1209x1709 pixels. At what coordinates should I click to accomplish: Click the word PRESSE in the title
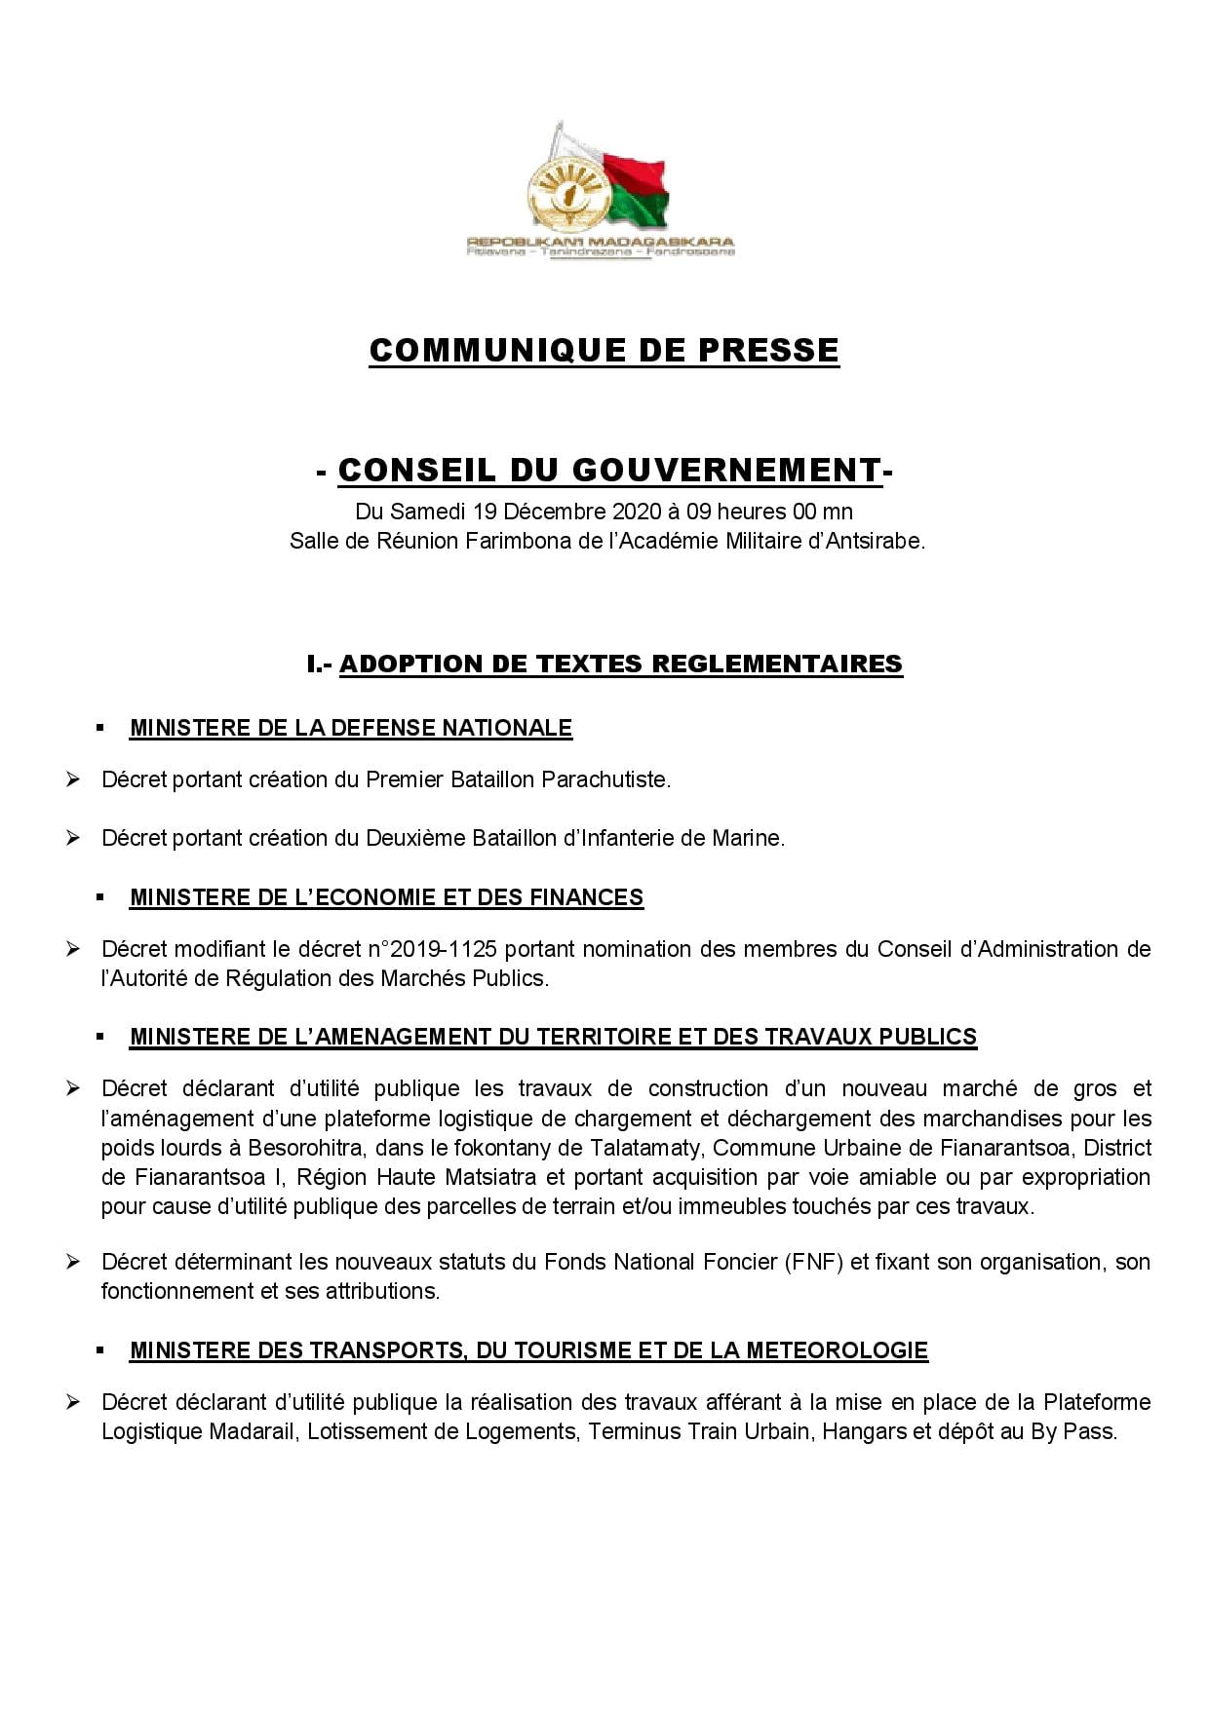(767, 351)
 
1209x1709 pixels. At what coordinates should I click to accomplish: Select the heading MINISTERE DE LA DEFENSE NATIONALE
(351, 728)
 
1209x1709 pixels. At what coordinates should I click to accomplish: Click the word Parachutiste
(605, 779)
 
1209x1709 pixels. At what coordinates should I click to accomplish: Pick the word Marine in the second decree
(748, 838)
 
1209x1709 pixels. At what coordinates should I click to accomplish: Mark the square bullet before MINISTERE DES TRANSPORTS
(100, 1350)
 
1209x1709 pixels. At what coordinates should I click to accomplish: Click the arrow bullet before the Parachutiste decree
(72, 779)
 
